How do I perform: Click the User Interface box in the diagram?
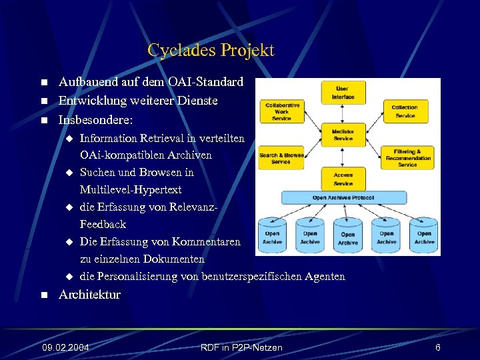click(x=343, y=93)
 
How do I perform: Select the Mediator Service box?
click(x=343, y=135)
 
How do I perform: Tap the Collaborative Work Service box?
click(x=282, y=111)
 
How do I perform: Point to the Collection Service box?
click(x=404, y=111)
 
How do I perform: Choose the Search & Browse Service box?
click(x=281, y=158)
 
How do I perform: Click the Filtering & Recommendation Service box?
click(x=407, y=158)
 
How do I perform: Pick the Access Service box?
click(x=343, y=179)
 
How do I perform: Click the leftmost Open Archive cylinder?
click(x=273, y=235)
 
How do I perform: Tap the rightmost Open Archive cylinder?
click(x=424, y=235)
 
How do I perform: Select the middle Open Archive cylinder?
click(x=348, y=235)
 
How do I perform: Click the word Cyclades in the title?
click(x=179, y=50)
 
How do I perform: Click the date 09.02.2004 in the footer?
click(x=65, y=347)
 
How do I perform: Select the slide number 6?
click(x=437, y=347)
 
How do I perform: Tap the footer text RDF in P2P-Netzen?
click(x=241, y=347)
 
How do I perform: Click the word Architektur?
click(x=89, y=294)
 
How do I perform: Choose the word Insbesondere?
click(x=95, y=121)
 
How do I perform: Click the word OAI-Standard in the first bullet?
click(x=205, y=83)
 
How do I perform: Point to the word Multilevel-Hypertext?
click(x=131, y=190)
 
